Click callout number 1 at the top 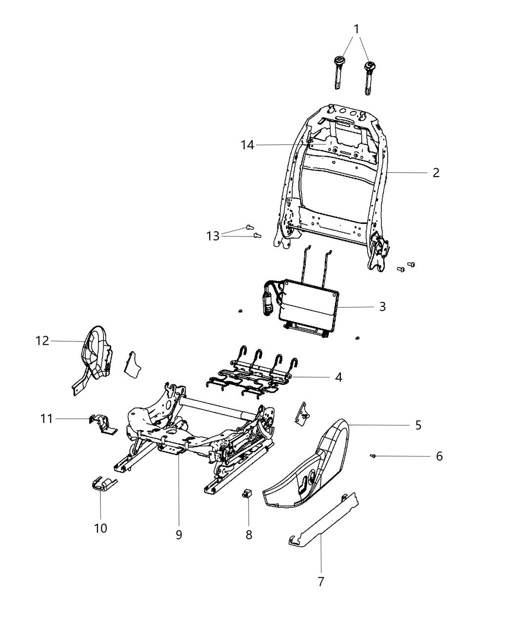coord(356,29)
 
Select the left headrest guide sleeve coord(337,73)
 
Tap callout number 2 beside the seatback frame coord(435,173)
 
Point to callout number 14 coord(247,145)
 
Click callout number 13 coord(213,236)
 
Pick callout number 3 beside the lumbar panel coord(382,307)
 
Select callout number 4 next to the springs coord(338,377)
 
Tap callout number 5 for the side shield coord(418,425)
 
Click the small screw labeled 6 coord(373,456)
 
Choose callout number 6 coord(439,457)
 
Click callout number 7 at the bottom coord(321,582)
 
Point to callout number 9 coord(179,535)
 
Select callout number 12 coord(42,341)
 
